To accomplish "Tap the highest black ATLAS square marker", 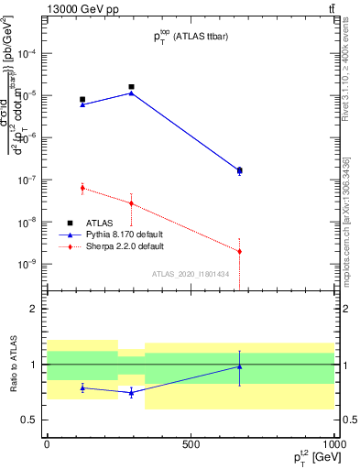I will pyautogui.click(x=132, y=87).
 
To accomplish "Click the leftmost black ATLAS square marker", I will pyautogui.click(x=82, y=99).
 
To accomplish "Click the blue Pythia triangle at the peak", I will pyautogui.click(x=132, y=93).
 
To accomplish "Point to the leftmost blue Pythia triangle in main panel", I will pyautogui.click(x=82, y=104).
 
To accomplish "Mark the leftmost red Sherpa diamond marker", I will pyautogui.click(x=82, y=188).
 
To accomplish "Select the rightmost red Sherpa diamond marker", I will pyautogui.click(x=239, y=251).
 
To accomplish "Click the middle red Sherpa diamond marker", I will pyautogui.click(x=132, y=203).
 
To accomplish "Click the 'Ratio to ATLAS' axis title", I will pyautogui.click(x=13, y=365).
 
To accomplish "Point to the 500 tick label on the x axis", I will pyautogui.click(x=191, y=444).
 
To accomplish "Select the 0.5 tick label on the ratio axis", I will pyautogui.click(x=29, y=420).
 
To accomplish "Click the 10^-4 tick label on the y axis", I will pyautogui.click(x=27, y=54).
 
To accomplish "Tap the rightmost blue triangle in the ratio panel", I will pyautogui.click(x=239, y=366).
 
